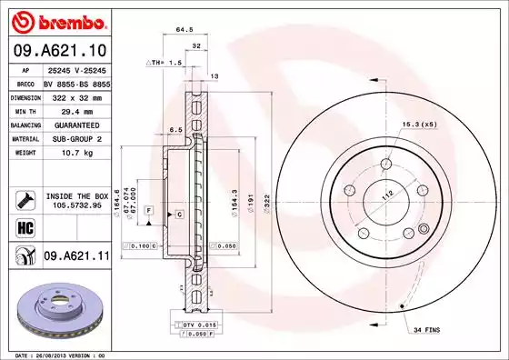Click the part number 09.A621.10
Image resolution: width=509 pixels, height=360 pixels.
coord(57,49)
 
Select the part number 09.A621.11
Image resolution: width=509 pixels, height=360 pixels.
coord(77,257)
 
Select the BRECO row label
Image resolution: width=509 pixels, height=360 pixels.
coord(23,82)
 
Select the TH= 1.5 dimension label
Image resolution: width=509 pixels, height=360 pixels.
coord(165,63)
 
